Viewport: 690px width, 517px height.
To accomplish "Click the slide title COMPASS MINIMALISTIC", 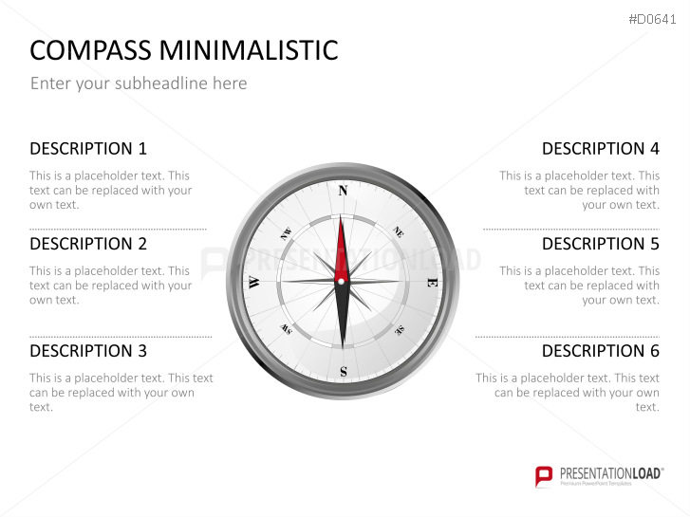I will [184, 50].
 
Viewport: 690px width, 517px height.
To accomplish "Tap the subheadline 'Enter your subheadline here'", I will [139, 83].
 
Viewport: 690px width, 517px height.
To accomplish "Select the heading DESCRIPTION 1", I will [88, 148].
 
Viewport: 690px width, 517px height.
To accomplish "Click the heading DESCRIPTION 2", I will [88, 244].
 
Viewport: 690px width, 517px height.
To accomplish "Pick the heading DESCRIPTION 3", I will [88, 351].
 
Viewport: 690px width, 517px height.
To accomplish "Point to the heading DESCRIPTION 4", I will [600, 148].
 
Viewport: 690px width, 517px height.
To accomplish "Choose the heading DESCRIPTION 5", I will [600, 244].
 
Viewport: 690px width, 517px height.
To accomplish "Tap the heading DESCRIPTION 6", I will [600, 351].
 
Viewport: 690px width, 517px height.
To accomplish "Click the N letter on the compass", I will [343, 191].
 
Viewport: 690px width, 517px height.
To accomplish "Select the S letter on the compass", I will [343, 371].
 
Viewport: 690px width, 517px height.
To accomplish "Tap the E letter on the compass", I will [432, 282].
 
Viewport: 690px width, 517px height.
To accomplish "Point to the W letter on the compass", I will [253, 282].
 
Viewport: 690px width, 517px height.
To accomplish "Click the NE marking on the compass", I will [399, 231].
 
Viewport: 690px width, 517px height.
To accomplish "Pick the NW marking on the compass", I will [286, 231].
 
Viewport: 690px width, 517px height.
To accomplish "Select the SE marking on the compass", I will [400, 330].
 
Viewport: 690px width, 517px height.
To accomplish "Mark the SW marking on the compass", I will [286, 330].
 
